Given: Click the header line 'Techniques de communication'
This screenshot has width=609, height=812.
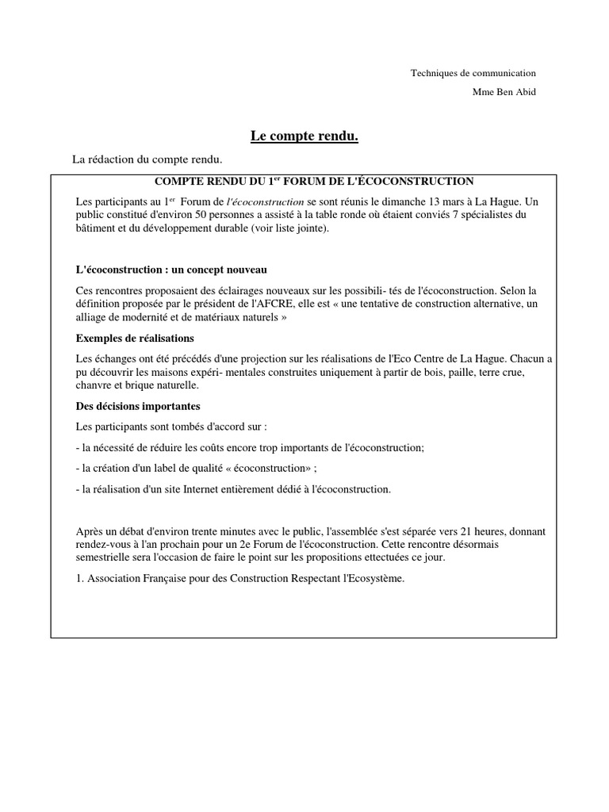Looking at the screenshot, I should (x=473, y=73).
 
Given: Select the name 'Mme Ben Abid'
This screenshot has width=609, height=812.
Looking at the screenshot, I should (x=504, y=92).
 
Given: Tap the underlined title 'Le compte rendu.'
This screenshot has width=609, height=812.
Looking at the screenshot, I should (x=304, y=137).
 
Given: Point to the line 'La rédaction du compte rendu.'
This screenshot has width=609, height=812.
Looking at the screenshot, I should (x=147, y=159).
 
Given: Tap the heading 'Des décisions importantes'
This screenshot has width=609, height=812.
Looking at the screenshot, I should (x=132, y=406).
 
